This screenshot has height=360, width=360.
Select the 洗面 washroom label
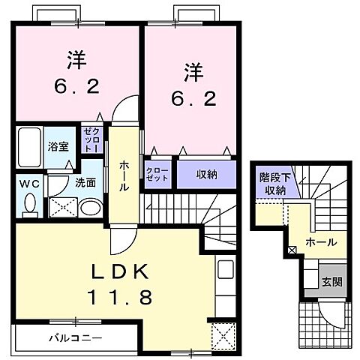[83, 181]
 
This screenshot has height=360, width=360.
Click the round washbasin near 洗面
[89, 208]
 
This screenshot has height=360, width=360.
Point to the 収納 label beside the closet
[207, 175]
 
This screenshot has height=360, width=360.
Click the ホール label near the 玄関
[320, 241]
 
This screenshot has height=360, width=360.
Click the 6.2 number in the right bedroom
[187, 97]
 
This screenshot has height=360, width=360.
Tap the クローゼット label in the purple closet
[157, 175]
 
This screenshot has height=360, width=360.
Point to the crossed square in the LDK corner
[223, 334]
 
